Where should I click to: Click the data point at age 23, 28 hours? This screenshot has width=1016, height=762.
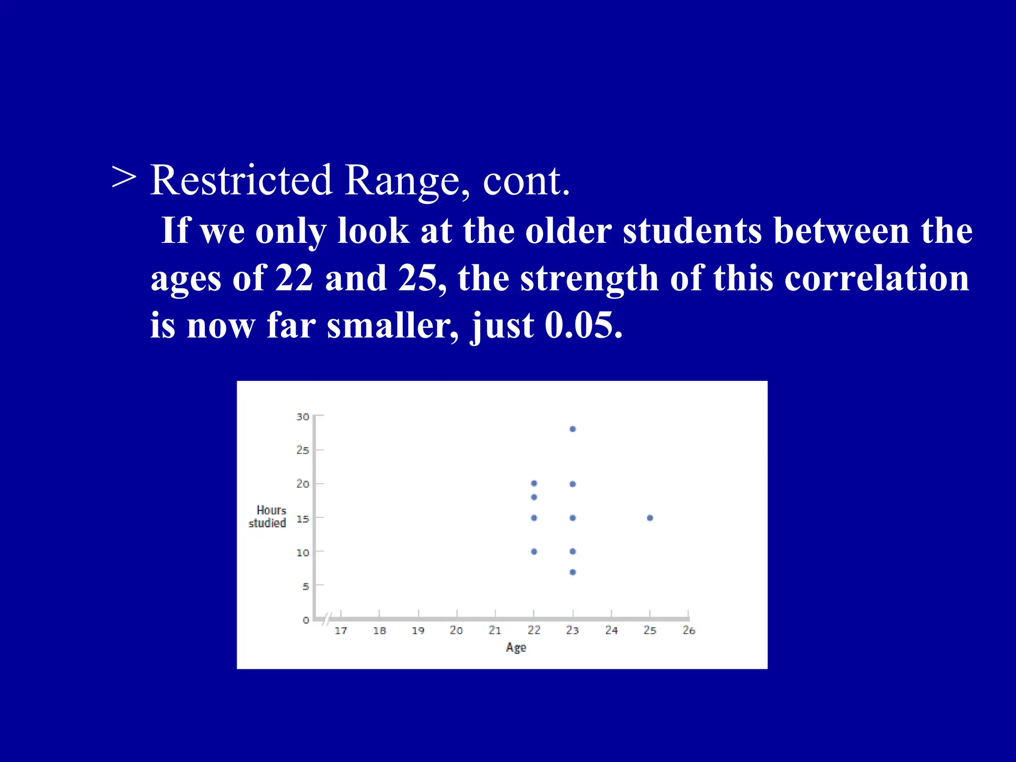pos(572,429)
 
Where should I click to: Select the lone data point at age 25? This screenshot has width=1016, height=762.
pos(650,518)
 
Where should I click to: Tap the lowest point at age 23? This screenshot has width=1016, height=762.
pos(572,572)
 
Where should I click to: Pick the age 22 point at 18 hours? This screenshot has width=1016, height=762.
pos(534,497)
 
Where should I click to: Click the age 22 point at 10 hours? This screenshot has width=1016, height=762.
pos(534,551)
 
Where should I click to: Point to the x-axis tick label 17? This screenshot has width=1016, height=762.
pos(341,631)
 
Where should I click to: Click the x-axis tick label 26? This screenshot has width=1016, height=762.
pos(689,631)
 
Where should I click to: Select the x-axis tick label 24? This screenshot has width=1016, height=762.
pos(611,631)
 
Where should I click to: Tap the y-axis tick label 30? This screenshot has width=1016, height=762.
pos(303,417)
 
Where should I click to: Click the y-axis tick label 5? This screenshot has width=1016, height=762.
pos(306,586)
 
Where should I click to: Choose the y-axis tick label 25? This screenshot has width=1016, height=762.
pos(303,450)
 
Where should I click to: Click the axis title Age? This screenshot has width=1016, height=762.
pos(516,647)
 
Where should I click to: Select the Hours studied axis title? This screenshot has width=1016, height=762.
pos(268,516)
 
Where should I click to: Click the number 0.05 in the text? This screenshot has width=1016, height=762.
pos(582,326)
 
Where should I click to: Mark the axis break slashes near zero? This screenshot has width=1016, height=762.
pos(326,619)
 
